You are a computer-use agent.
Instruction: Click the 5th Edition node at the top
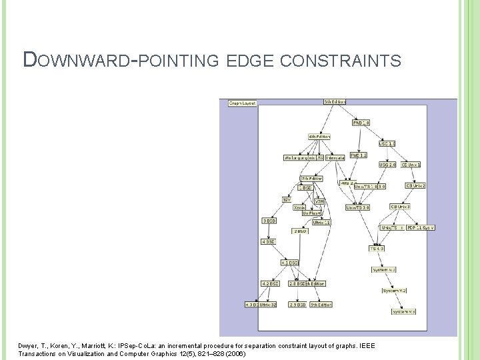tap(335, 102)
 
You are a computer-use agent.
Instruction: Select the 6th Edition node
tap(319, 137)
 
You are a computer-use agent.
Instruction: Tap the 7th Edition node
tap(311, 179)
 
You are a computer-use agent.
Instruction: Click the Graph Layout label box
tap(242, 103)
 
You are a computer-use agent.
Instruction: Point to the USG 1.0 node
tap(387, 143)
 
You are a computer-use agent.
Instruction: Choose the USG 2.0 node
tap(387, 164)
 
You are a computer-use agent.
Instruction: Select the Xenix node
tap(299, 207)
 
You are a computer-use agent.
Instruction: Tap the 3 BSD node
tap(269, 220)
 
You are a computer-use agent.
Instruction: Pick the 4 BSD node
tap(268, 242)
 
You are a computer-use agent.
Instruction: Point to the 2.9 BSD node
tap(297, 304)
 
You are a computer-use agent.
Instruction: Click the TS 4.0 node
tap(377, 249)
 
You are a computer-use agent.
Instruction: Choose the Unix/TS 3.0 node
tap(358, 207)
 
